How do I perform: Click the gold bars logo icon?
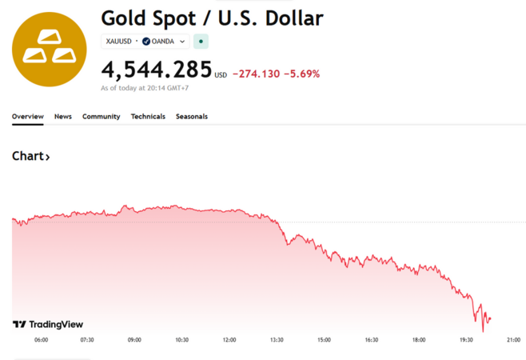(x=49, y=49)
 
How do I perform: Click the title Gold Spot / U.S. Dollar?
(x=212, y=18)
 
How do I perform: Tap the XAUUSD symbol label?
(x=118, y=41)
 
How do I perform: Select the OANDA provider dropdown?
(x=167, y=41)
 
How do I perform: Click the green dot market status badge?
(x=201, y=41)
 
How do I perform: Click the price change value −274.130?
(x=257, y=74)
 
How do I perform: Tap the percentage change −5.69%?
(x=302, y=74)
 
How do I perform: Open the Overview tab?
(x=27, y=116)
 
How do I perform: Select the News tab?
(x=63, y=116)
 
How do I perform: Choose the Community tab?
(x=101, y=116)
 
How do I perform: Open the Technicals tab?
(x=148, y=116)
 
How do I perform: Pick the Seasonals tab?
(x=192, y=116)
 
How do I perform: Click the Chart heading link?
(x=31, y=156)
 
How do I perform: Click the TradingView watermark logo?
(x=48, y=324)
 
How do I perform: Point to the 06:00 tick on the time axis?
(x=41, y=340)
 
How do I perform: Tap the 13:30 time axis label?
(x=277, y=340)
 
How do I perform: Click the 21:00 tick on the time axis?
(x=513, y=340)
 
